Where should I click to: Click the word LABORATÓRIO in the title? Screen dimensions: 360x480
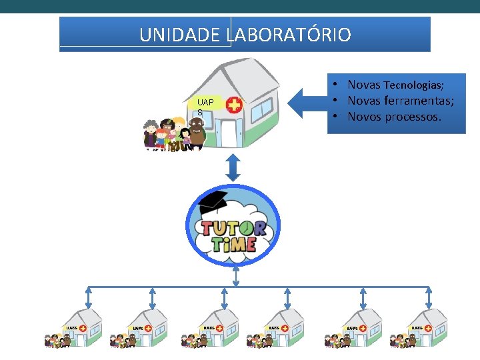pos(289,35)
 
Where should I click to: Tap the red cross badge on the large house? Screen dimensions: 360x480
pos(234,105)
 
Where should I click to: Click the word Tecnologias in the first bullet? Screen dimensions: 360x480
pos(414,85)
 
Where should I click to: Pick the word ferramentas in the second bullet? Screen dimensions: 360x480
pos(419,101)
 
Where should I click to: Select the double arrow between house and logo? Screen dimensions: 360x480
pos(232,167)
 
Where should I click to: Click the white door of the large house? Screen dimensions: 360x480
pos(228,133)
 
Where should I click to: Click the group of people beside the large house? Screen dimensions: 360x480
pos(169,134)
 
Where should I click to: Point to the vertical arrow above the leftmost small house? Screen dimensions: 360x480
pos(89,298)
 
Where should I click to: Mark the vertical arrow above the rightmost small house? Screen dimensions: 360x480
pos(430,298)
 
